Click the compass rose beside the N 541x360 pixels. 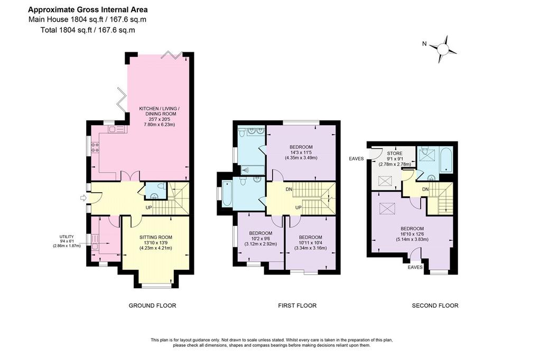tap(443, 49)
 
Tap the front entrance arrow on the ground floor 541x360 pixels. tap(83, 197)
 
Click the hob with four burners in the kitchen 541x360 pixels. tap(95, 148)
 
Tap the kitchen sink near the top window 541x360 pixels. tap(117, 129)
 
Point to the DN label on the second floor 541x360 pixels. tap(425, 190)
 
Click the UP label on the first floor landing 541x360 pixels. tap(299, 207)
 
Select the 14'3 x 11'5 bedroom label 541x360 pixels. tap(301, 153)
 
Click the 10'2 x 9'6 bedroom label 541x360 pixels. tap(260, 239)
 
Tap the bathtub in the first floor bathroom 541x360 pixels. tap(227, 193)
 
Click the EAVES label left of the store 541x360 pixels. tap(356, 158)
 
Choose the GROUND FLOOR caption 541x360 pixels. tap(152, 306)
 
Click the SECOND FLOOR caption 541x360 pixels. tap(435, 306)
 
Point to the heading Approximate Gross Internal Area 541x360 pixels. tap(88, 10)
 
